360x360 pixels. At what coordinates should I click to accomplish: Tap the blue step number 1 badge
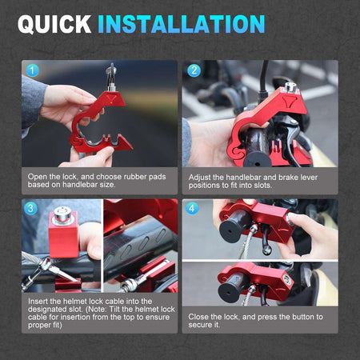click(32, 70)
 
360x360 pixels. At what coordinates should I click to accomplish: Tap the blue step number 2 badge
click(194, 70)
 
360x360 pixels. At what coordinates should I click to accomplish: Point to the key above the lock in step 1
click(111, 76)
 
